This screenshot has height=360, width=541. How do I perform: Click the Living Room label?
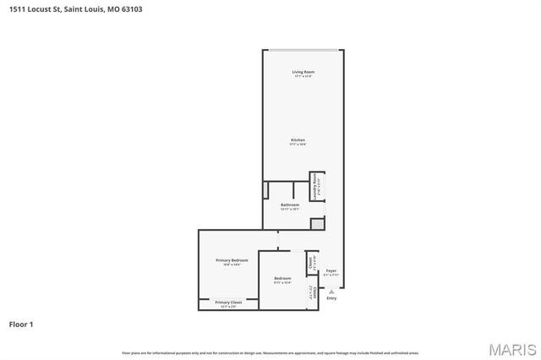point(303,73)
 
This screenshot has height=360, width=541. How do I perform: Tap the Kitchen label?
point(298,140)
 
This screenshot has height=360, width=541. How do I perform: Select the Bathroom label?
point(290,205)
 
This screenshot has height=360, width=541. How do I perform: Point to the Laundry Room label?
point(315,187)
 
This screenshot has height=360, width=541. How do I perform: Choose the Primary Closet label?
point(228,303)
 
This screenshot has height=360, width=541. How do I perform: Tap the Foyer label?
point(331,271)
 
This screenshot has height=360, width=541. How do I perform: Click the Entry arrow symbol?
point(331,291)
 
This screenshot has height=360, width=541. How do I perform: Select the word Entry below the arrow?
point(331,298)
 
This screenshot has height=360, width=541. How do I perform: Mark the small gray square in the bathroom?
point(317,223)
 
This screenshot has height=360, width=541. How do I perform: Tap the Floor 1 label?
point(21,324)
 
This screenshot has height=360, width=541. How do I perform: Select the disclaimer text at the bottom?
point(270,352)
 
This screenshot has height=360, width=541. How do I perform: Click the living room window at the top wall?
point(303,51)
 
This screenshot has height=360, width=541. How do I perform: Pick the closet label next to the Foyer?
point(310,262)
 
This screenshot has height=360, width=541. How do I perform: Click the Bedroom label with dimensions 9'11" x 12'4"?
point(282,280)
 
